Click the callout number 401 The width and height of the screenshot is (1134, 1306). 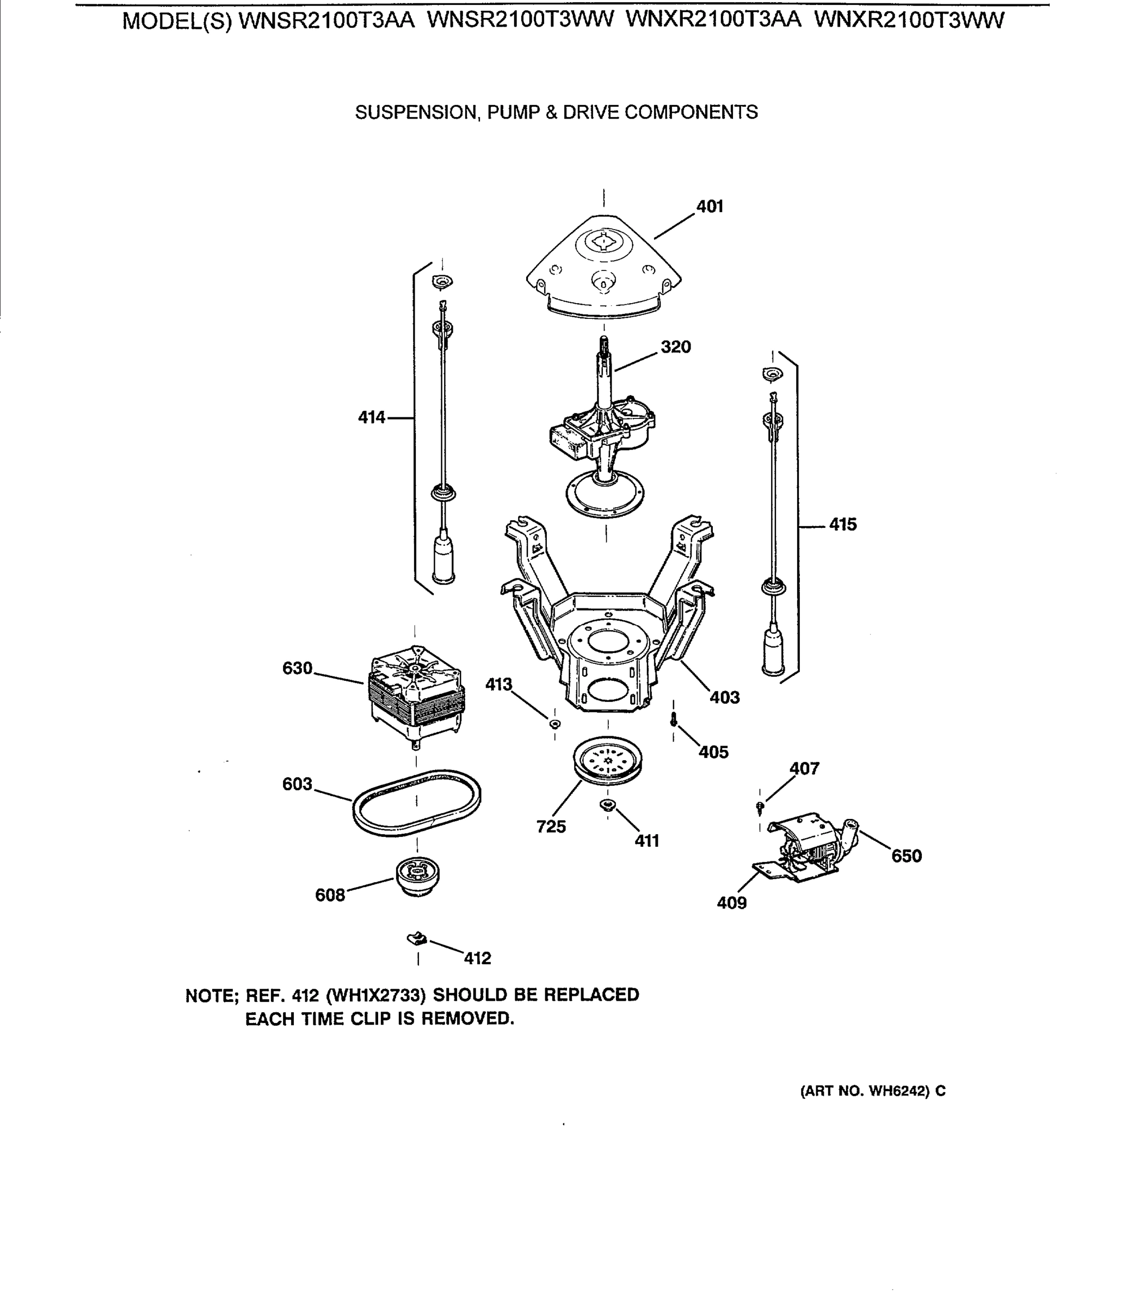(x=710, y=207)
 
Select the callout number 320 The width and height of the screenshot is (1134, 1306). (x=675, y=347)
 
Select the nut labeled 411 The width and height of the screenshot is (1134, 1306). (x=607, y=805)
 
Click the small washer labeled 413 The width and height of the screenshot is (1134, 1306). (x=555, y=723)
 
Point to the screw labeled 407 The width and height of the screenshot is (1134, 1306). (x=760, y=806)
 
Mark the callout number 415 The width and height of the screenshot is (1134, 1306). (x=843, y=525)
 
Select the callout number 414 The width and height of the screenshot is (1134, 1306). (x=372, y=417)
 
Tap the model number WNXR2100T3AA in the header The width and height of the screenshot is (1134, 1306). (x=713, y=21)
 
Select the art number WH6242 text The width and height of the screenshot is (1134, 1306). (x=898, y=1091)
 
